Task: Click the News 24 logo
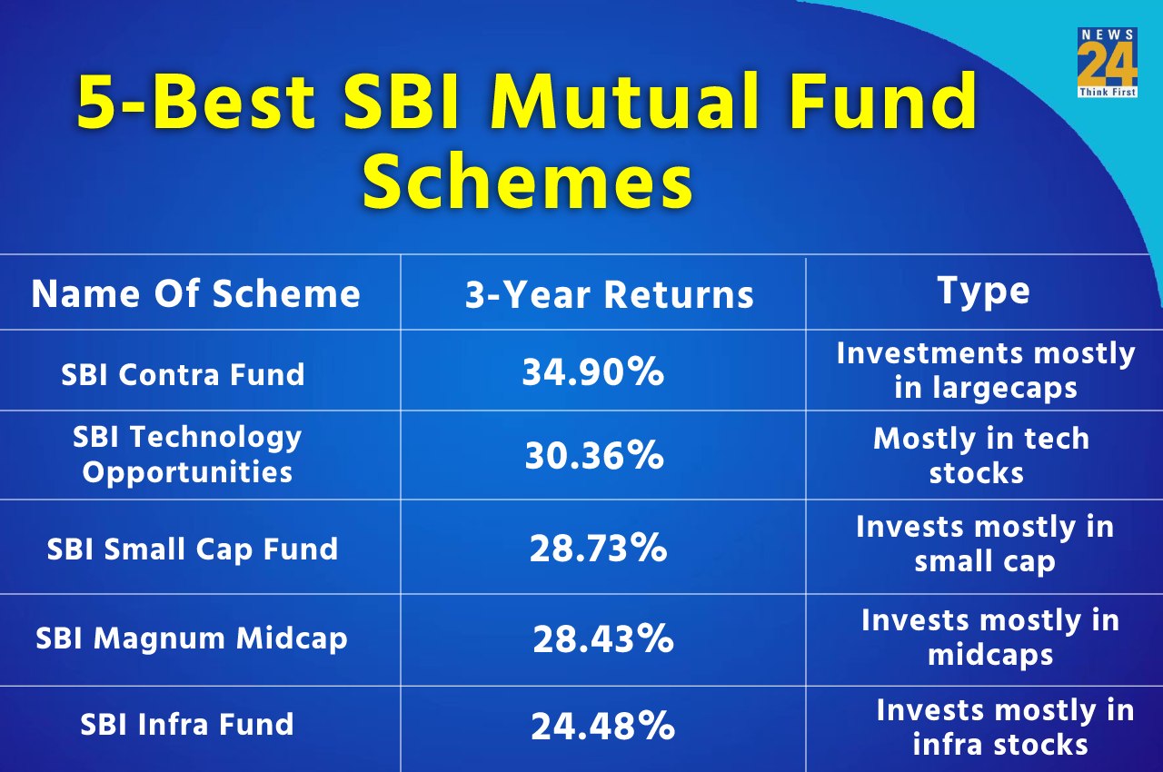(x=1107, y=63)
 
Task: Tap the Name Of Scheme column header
(x=195, y=293)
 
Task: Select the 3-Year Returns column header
(x=609, y=294)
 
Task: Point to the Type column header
(x=983, y=291)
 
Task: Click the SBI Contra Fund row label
(x=183, y=374)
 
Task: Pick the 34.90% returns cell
(x=592, y=371)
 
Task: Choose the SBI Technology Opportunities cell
(x=187, y=454)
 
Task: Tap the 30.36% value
(x=593, y=456)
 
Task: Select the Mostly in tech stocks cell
(x=980, y=455)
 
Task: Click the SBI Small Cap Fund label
(x=192, y=549)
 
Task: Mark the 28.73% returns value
(x=598, y=549)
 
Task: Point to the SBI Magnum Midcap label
(x=191, y=638)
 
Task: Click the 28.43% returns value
(x=602, y=639)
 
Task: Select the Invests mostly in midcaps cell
(x=989, y=637)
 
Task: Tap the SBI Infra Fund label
(x=186, y=724)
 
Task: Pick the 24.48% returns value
(x=602, y=726)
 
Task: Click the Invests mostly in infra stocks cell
(x=1003, y=727)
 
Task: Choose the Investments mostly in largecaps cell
(x=985, y=370)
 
